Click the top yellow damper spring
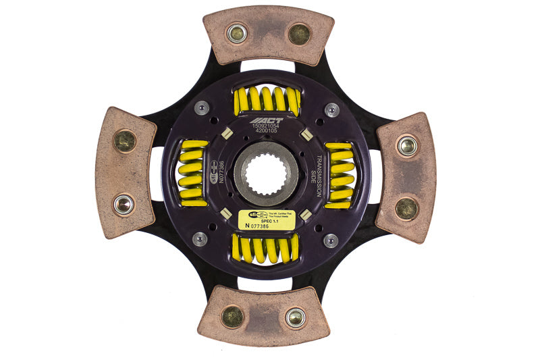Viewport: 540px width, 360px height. click(x=267, y=101)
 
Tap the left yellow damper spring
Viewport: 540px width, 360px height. click(x=193, y=174)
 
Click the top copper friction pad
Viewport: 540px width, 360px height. click(x=269, y=34)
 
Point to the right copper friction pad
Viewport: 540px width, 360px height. click(x=406, y=177)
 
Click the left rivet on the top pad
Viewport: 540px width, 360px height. click(x=237, y=33)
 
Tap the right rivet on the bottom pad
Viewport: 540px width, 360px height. click(x=295, y=317)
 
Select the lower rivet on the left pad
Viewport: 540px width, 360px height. click(x=123, y=204)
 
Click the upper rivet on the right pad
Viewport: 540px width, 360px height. click(x=406, y=145)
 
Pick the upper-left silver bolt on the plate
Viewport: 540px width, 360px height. click(x=201, y=108)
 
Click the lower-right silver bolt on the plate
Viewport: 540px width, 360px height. click(x=331, y=240)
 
